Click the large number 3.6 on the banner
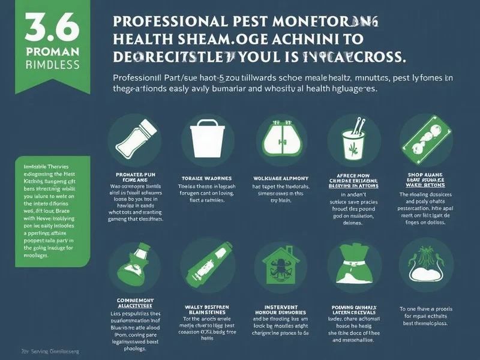(44, 28)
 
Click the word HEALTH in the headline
(142, 40)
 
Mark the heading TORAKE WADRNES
(206, 179)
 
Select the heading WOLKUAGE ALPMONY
(277, 178)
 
